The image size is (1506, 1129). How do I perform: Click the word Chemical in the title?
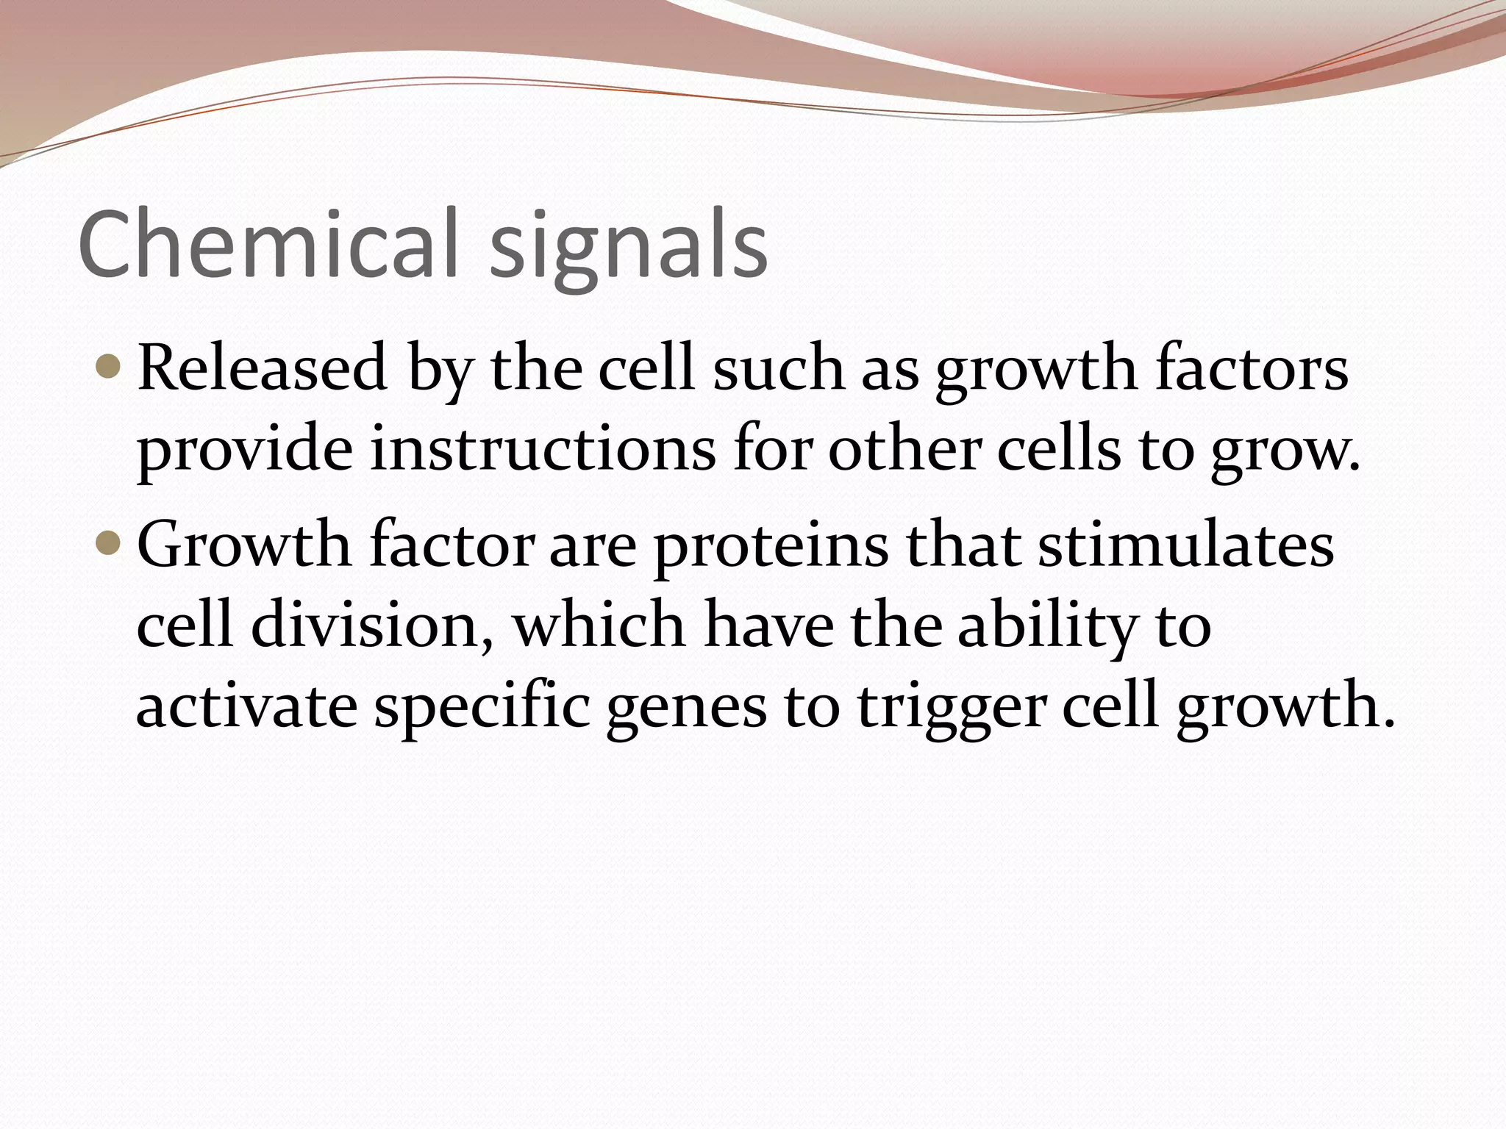tap(275, 244)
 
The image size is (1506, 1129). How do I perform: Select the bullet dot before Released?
tap(107, 365)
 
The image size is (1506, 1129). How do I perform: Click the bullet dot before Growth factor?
tap(107, 542)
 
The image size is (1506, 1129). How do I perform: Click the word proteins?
tap(771, 548)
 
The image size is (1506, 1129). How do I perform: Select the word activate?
tap(247, 707)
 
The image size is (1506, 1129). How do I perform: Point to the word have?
tap(768, 626)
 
